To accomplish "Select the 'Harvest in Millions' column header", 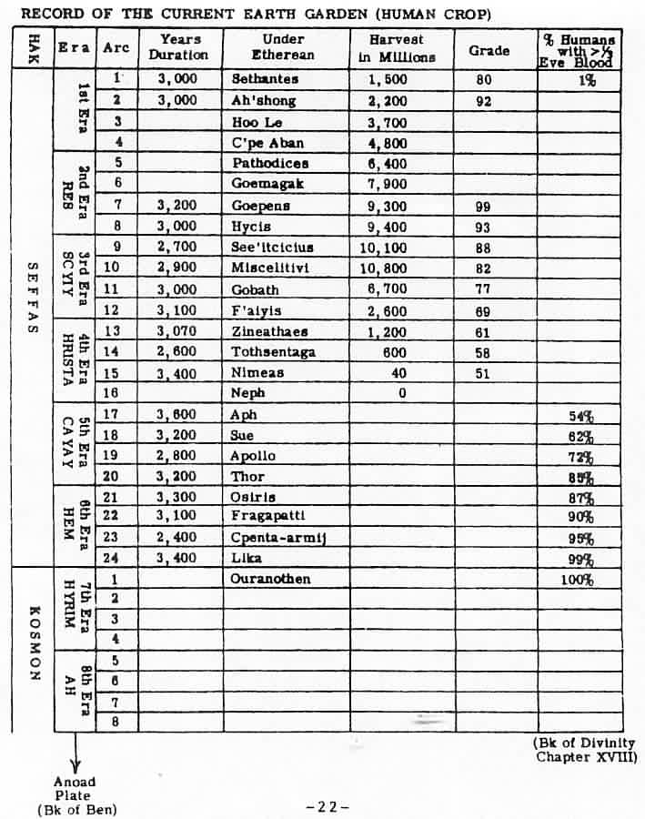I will (402, 48).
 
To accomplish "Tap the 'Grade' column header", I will (489, 51).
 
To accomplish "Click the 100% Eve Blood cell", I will (576, 580).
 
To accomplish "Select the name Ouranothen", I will (271, 579).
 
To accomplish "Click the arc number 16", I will (118, 392).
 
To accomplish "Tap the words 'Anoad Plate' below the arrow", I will (75, 788).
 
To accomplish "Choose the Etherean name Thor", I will (247, 477).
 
